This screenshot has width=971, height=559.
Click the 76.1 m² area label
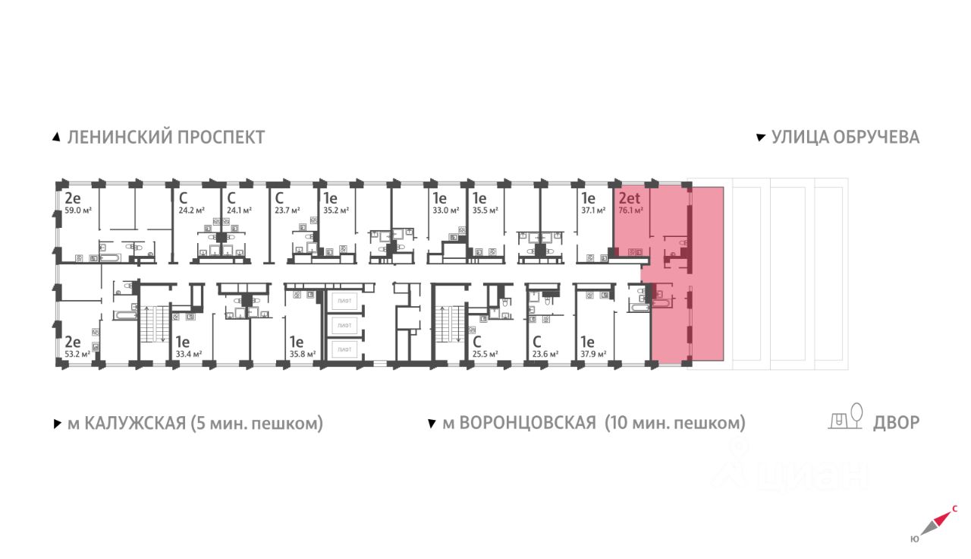click(631, 210)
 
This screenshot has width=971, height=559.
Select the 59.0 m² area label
click(77, 210)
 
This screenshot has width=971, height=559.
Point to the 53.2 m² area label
click(77, 354)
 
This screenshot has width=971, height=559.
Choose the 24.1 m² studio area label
click(240, 210)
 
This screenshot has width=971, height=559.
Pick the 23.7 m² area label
click(288, 210)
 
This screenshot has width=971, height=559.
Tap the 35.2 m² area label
click(336, 210)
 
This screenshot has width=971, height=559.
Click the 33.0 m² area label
click(442, 210)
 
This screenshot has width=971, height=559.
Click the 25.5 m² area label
click(485, 354)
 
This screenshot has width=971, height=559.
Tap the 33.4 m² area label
click(187, 354)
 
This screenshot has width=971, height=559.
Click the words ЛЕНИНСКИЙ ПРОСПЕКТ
click(166, 137)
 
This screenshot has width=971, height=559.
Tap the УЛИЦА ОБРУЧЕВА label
click(845, 137)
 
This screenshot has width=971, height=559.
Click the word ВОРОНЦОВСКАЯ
click(520, 423)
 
